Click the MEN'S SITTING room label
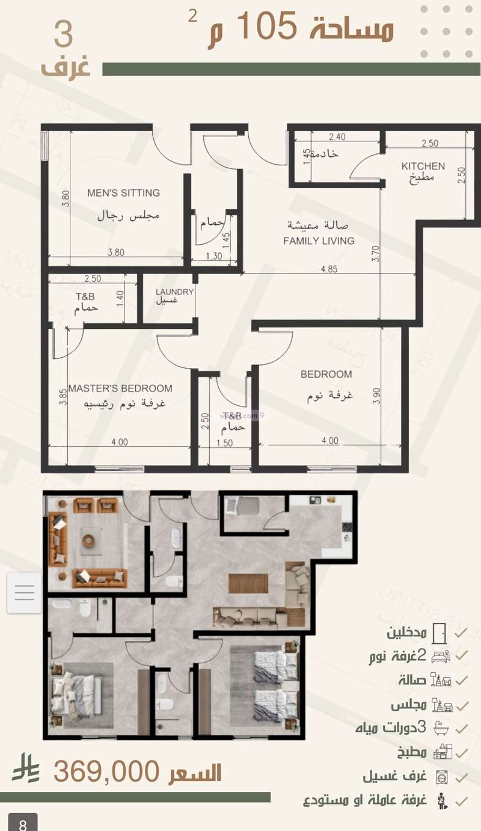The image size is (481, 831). point(123,193)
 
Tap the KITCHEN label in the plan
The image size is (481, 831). point(423,166)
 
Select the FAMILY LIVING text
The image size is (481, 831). point(319,241)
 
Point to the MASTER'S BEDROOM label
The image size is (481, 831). point(120,388)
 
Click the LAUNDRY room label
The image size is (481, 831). point(174,292)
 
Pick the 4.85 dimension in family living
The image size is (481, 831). point(329,269)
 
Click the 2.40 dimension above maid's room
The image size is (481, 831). point(337,136)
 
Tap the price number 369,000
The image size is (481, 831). point(106,771)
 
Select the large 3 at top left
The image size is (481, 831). point(63,34)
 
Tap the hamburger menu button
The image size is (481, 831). point(24,593)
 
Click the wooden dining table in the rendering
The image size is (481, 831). point(248,583)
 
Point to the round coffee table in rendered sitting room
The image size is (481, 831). point(89,540)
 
